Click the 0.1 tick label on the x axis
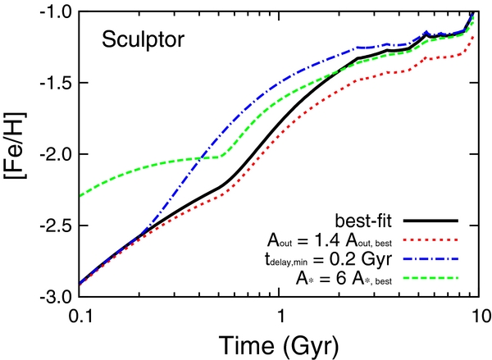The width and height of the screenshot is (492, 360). click(x=81, y=317)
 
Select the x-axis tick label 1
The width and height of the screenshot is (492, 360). click(x=281, y=317)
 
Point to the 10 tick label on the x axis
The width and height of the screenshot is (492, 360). click(x=480, y=317)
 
